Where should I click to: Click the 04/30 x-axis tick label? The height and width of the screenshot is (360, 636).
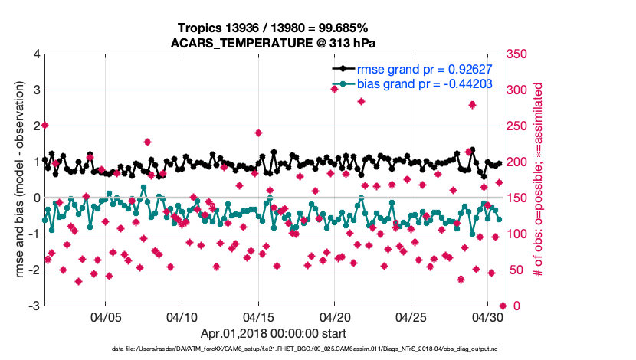pos(487,316)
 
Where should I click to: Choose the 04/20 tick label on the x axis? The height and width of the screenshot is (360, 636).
pos(335,316)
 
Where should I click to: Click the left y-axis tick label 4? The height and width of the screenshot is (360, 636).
pos(36,54)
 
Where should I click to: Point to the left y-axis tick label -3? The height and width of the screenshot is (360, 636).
pos(34,306)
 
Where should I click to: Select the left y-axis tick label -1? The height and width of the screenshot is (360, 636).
pos(34,234)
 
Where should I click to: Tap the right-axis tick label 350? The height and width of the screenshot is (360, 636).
pos(519,54)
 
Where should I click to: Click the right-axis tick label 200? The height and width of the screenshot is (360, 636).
pos(519,162)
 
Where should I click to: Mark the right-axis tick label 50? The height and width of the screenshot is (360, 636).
pos(516,270)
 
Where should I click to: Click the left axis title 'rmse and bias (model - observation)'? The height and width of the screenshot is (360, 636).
pos(17,180)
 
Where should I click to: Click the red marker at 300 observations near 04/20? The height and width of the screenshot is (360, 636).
pos(335,89)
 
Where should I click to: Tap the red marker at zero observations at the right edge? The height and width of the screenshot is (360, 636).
pos(503,306)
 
